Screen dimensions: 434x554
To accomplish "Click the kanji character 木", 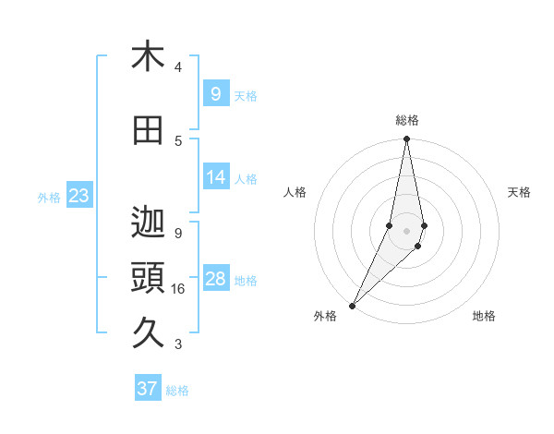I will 148,57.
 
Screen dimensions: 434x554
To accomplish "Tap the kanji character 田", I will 148,131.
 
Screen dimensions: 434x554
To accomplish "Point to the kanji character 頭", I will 148,280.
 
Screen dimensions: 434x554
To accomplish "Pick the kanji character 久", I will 148,333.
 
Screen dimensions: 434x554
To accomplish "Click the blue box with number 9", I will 215,94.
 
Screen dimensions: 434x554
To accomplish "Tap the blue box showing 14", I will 215,177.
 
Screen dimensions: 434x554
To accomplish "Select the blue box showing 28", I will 215,279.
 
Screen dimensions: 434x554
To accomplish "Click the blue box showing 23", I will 78,196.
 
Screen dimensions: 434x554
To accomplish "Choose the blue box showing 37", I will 147,389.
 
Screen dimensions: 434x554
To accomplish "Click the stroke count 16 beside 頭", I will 178,289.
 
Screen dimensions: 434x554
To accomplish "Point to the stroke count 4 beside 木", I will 178,67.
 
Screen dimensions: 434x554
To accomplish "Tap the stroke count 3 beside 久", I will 178,344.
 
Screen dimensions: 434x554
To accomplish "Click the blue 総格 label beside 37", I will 177,391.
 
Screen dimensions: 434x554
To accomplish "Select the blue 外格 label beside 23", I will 49,197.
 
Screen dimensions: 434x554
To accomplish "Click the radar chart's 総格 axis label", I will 407,120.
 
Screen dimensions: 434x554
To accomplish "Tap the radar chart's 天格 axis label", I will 519,192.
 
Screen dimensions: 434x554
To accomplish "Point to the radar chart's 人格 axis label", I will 295,192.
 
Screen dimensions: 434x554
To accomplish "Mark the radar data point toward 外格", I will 352,305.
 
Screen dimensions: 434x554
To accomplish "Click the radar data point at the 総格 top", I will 406,139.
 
